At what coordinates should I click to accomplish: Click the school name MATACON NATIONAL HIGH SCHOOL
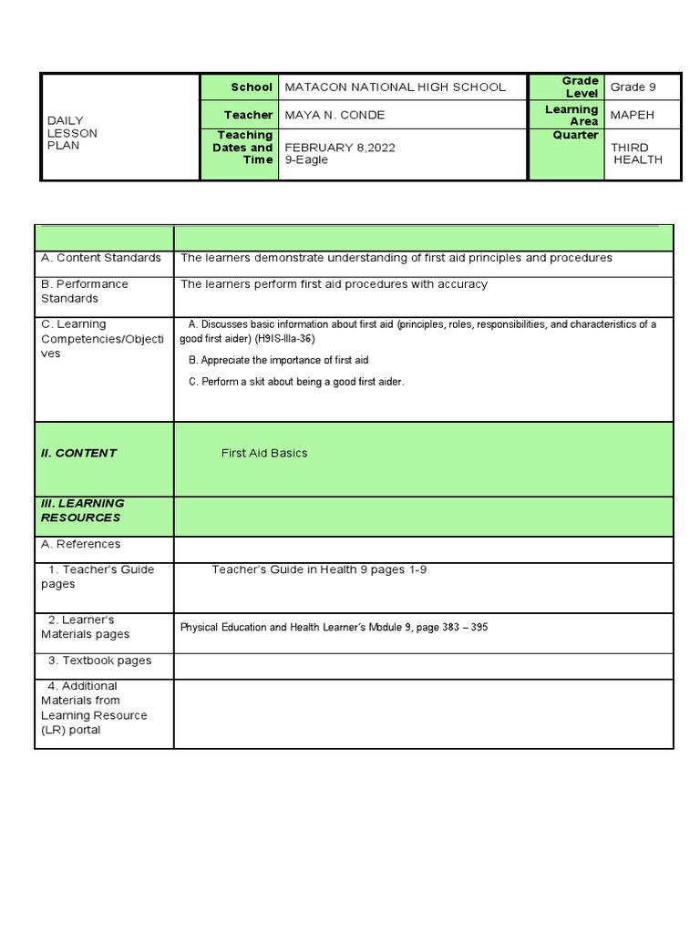pyautogui.click(x=395, y=87)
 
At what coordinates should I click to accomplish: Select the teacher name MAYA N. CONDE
pyautogui.click(x=335, y=115)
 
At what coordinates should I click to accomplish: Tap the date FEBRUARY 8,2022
pyautogui.click(x=340, y=148)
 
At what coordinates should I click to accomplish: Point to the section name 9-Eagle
pyautogui.click(x=306, y=160)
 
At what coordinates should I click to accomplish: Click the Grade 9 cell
pyautogui.click(x=633, y=87)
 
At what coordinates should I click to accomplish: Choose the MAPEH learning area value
pyautogui.click(x=633, y=115)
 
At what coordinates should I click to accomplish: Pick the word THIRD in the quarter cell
pyautogui.click(x=630, y=148)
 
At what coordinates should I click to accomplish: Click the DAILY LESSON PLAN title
pyautogui.click(x=72, y=133)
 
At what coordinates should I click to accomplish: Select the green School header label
pyautogui.click(x=252, y=87)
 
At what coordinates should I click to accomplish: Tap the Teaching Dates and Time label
pyautogui.click(x=243, y=148)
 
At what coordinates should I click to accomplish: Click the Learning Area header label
pyautogui.click(x=571, y=115)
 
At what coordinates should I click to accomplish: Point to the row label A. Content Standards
pyautogui.click(x=101, y=258)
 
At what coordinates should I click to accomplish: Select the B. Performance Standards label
pyautogui.click(x=85, y=291)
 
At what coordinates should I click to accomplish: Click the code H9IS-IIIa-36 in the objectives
pyautogui.click(x=285, y=338)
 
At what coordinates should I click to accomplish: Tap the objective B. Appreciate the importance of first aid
pyautogui.click(x=278, y=360)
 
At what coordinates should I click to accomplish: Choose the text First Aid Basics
pyautogui.click(x=264, y=453)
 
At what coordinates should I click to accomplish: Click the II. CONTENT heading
pyautogui.click(x=78, y=453)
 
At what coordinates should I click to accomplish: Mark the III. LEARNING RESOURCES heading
pyautogui.click(x=82, y=510)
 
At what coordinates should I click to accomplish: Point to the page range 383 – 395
pyautogui.click(x=465, y=627)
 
